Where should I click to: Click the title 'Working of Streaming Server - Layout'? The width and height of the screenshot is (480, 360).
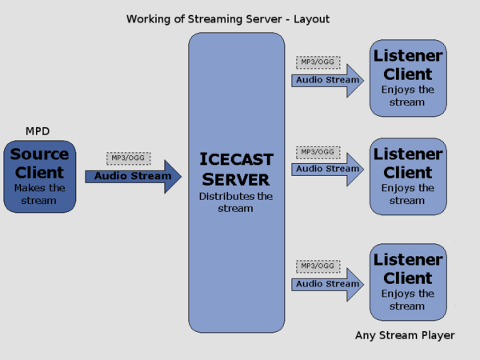[x=227, y=18]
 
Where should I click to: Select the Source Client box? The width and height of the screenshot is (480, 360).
[x=40, y=176]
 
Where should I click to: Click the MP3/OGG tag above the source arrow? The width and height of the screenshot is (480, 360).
[x=126, y=158]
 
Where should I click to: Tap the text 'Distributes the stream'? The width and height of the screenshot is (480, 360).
[x=237, y=202]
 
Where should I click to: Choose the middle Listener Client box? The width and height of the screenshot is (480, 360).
[x=408, y=176]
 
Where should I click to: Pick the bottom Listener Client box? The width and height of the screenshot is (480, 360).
[x=408, y=282]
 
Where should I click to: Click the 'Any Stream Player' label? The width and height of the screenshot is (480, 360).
[x=405, y=335]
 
